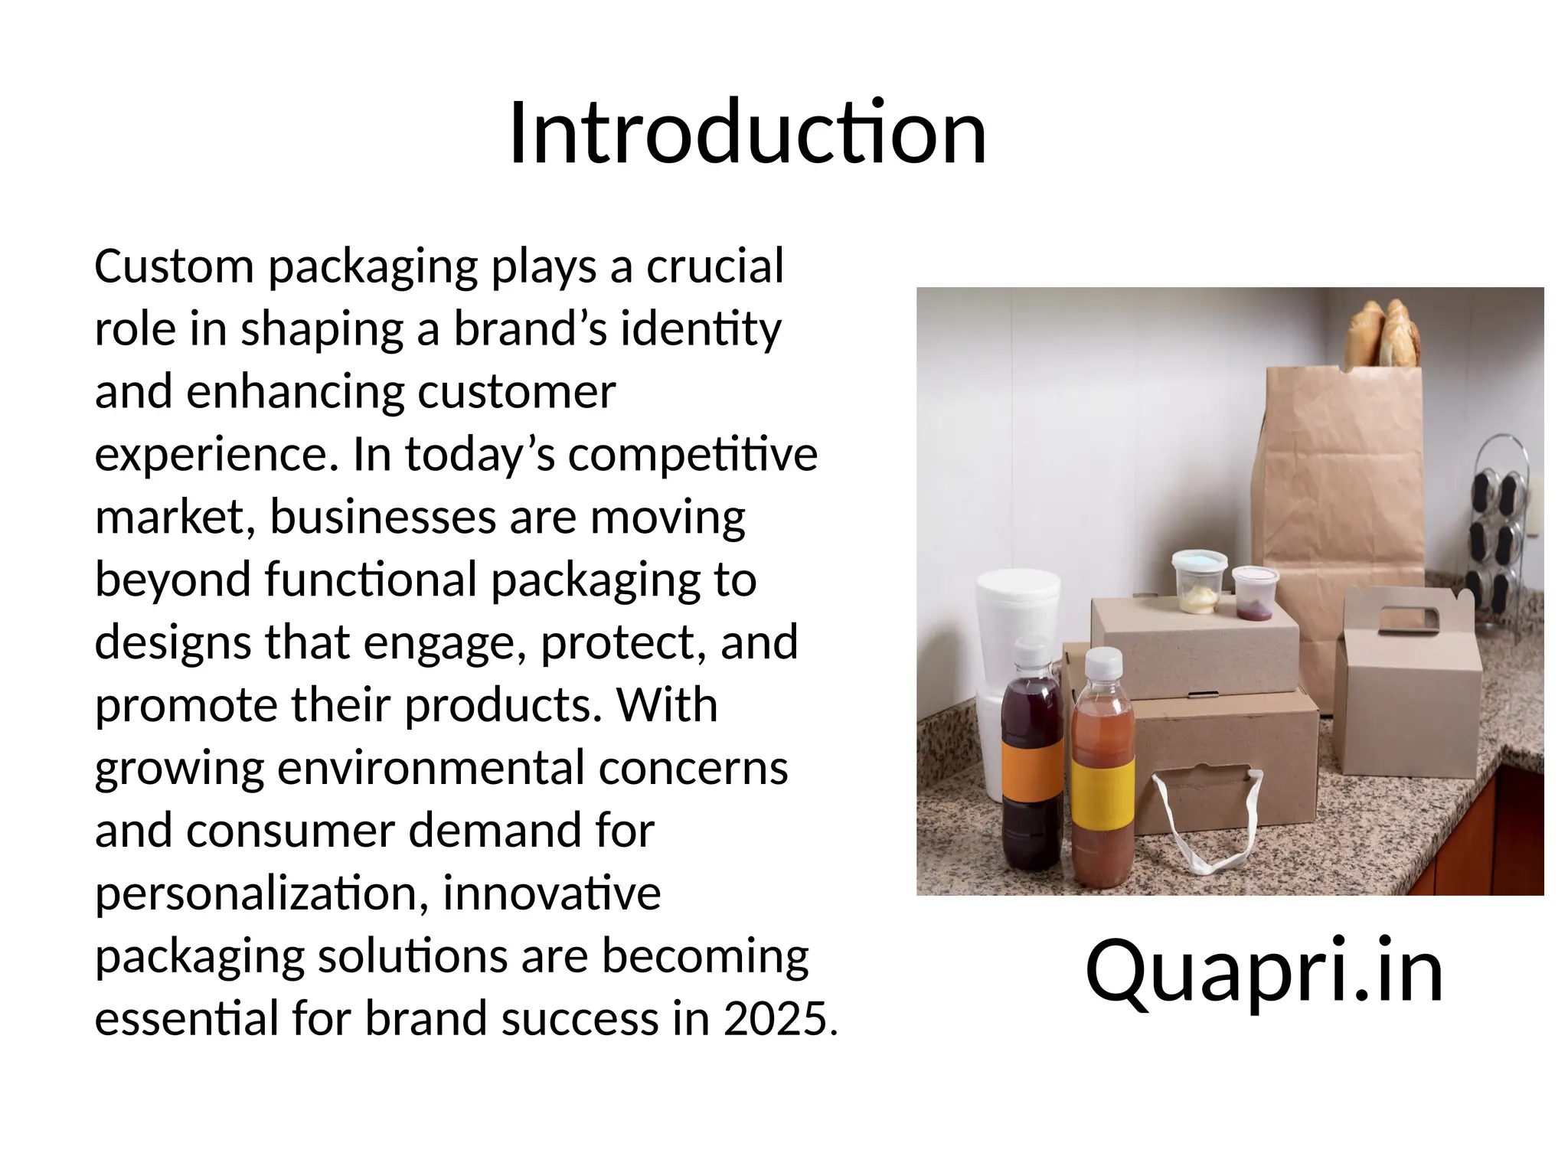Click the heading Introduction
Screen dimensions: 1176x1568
tap(747, 133)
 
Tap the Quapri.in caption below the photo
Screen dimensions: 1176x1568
tap(1263, 971)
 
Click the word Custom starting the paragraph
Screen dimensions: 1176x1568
tap(174, 266)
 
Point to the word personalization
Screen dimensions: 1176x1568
tap(261, 893)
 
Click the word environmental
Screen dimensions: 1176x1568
tap(430, 768)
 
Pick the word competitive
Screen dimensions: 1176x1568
tap(692, 454)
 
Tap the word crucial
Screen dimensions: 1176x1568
tap(715, 266)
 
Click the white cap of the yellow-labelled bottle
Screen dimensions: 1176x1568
tap(1103, 663)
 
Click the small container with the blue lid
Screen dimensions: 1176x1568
tap(1199, 580)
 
